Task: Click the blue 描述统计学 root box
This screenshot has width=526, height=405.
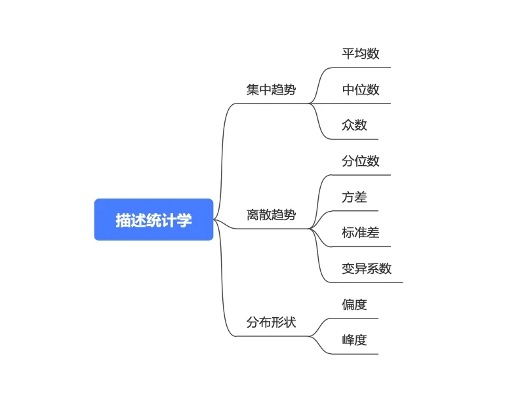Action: (x=153, y=220)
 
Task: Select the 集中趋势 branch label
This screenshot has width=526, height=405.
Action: (x=271, y=90)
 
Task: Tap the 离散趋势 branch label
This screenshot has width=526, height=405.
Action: (x=271, y=215)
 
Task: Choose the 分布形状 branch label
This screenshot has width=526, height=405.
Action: (x=271, y=322)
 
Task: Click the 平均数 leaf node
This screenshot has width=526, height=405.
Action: (x=361, y=54)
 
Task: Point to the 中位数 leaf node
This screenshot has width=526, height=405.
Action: (x=361, y=90)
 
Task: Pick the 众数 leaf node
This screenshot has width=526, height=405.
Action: (x=354, y=125)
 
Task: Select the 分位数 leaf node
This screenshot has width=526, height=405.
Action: (x=361, y=161)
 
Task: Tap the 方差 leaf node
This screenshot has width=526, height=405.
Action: (x=354, y=197)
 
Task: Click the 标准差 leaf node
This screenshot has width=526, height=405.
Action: (x=361, y=233)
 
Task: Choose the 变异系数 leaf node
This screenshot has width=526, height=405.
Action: (x=367, y=269)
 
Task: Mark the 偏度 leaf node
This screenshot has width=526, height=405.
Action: (x=354, y=304)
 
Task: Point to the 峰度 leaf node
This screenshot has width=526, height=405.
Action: (x=354, y=340)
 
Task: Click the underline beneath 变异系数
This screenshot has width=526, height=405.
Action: (x=367, y=282)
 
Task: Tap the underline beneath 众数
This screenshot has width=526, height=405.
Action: (x=354, y=139)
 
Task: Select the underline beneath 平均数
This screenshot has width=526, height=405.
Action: (x=361, y=67)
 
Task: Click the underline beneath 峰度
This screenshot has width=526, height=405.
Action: (x=354, y=354)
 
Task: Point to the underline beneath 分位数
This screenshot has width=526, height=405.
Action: (x=361, y=175)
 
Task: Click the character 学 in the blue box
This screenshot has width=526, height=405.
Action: (x=186, y=220)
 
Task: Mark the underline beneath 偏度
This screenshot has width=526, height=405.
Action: (x=354, y=318)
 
